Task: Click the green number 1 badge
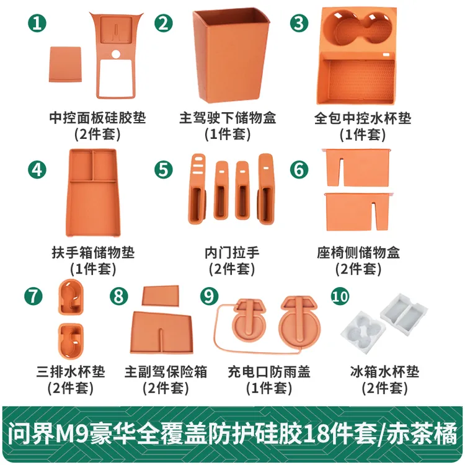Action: coord(37,23)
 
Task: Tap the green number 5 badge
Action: coord(164,170)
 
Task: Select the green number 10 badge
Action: coord(340,296)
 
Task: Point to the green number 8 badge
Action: coord(118,296)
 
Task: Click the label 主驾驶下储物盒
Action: coord(228,118)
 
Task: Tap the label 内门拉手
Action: coord(232,252)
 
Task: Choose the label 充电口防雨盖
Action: coord(269,372)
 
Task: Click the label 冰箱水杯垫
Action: coord(384,372)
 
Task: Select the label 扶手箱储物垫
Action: coord(93,252)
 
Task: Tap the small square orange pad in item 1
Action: coord(65,64)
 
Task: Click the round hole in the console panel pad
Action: coord(116,55)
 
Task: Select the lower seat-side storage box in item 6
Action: coord(358,212)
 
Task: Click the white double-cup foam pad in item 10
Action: coord(363,332)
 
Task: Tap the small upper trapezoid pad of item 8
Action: coord(161,295)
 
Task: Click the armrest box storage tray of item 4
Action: coord(92,193)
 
